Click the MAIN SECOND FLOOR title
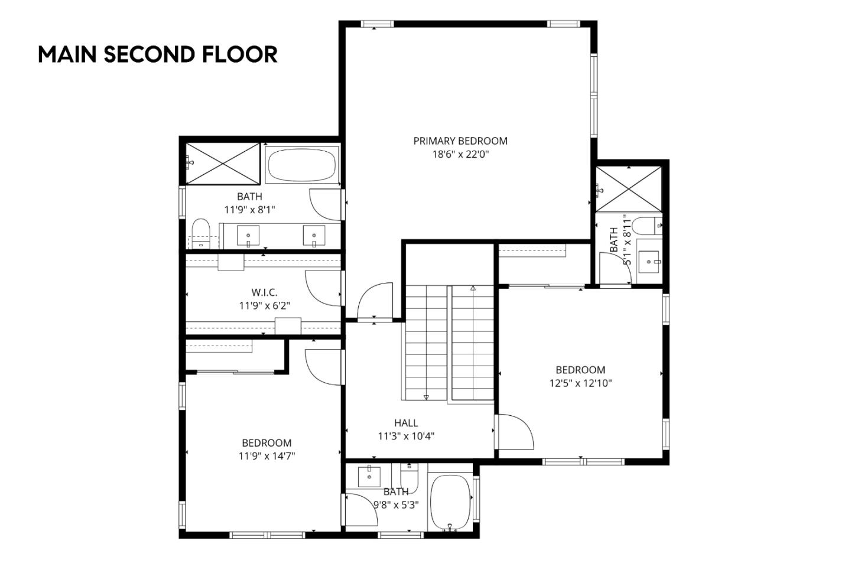click(x=157, y=54)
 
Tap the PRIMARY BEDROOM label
click(x=460, y=141)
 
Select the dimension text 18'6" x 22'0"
click(x=460, y=155)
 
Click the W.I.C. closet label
click(x=264, y=292)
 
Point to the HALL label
click(x=406, y=423)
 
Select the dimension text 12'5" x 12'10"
click(x=580, y=383)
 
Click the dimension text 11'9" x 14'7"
click(x=267, y=456)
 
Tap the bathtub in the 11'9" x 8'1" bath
click(x=301, y=165)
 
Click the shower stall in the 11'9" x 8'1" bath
click(x=222, y=163)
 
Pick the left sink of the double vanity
click(x=248, y=235)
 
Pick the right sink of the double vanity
click(x=314, y=235)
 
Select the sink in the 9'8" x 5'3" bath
click(x=369, y=475)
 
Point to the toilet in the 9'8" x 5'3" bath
click(x=409, y=477)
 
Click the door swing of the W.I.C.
click(x=324, y=288)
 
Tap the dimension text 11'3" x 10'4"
click(x=406, y=436)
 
